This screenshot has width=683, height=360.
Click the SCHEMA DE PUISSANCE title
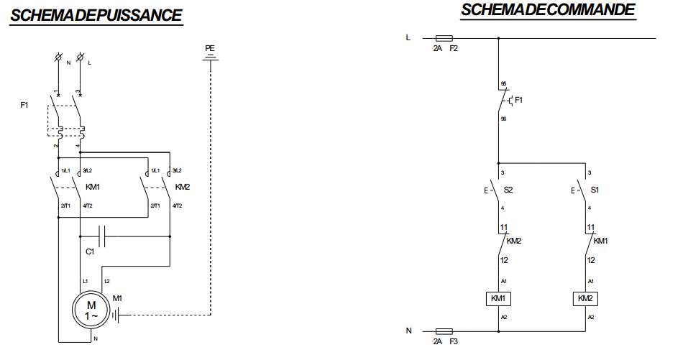(96, 15)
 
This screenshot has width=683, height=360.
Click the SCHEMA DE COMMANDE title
(548, 9)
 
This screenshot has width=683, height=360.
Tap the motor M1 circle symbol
(88, 310)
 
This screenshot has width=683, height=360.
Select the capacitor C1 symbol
(101, 236)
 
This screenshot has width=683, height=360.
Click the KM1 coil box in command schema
(498, 298)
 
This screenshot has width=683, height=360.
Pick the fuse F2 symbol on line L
(444, 37)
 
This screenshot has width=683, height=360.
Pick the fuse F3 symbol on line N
(444, 331)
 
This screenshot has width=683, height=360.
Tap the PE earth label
(210, 48)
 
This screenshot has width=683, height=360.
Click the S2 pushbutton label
(508, 190)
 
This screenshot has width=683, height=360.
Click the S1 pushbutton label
(595, 190)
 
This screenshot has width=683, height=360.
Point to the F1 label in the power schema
(24, 106)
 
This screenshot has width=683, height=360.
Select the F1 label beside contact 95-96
(518, 100)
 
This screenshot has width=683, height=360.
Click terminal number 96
(503, 118)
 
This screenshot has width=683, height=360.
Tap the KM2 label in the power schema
(182, 187)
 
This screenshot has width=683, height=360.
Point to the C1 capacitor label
(90, 252)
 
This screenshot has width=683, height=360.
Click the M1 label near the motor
(118, 297)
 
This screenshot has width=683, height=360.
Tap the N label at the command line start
(408, 331)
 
